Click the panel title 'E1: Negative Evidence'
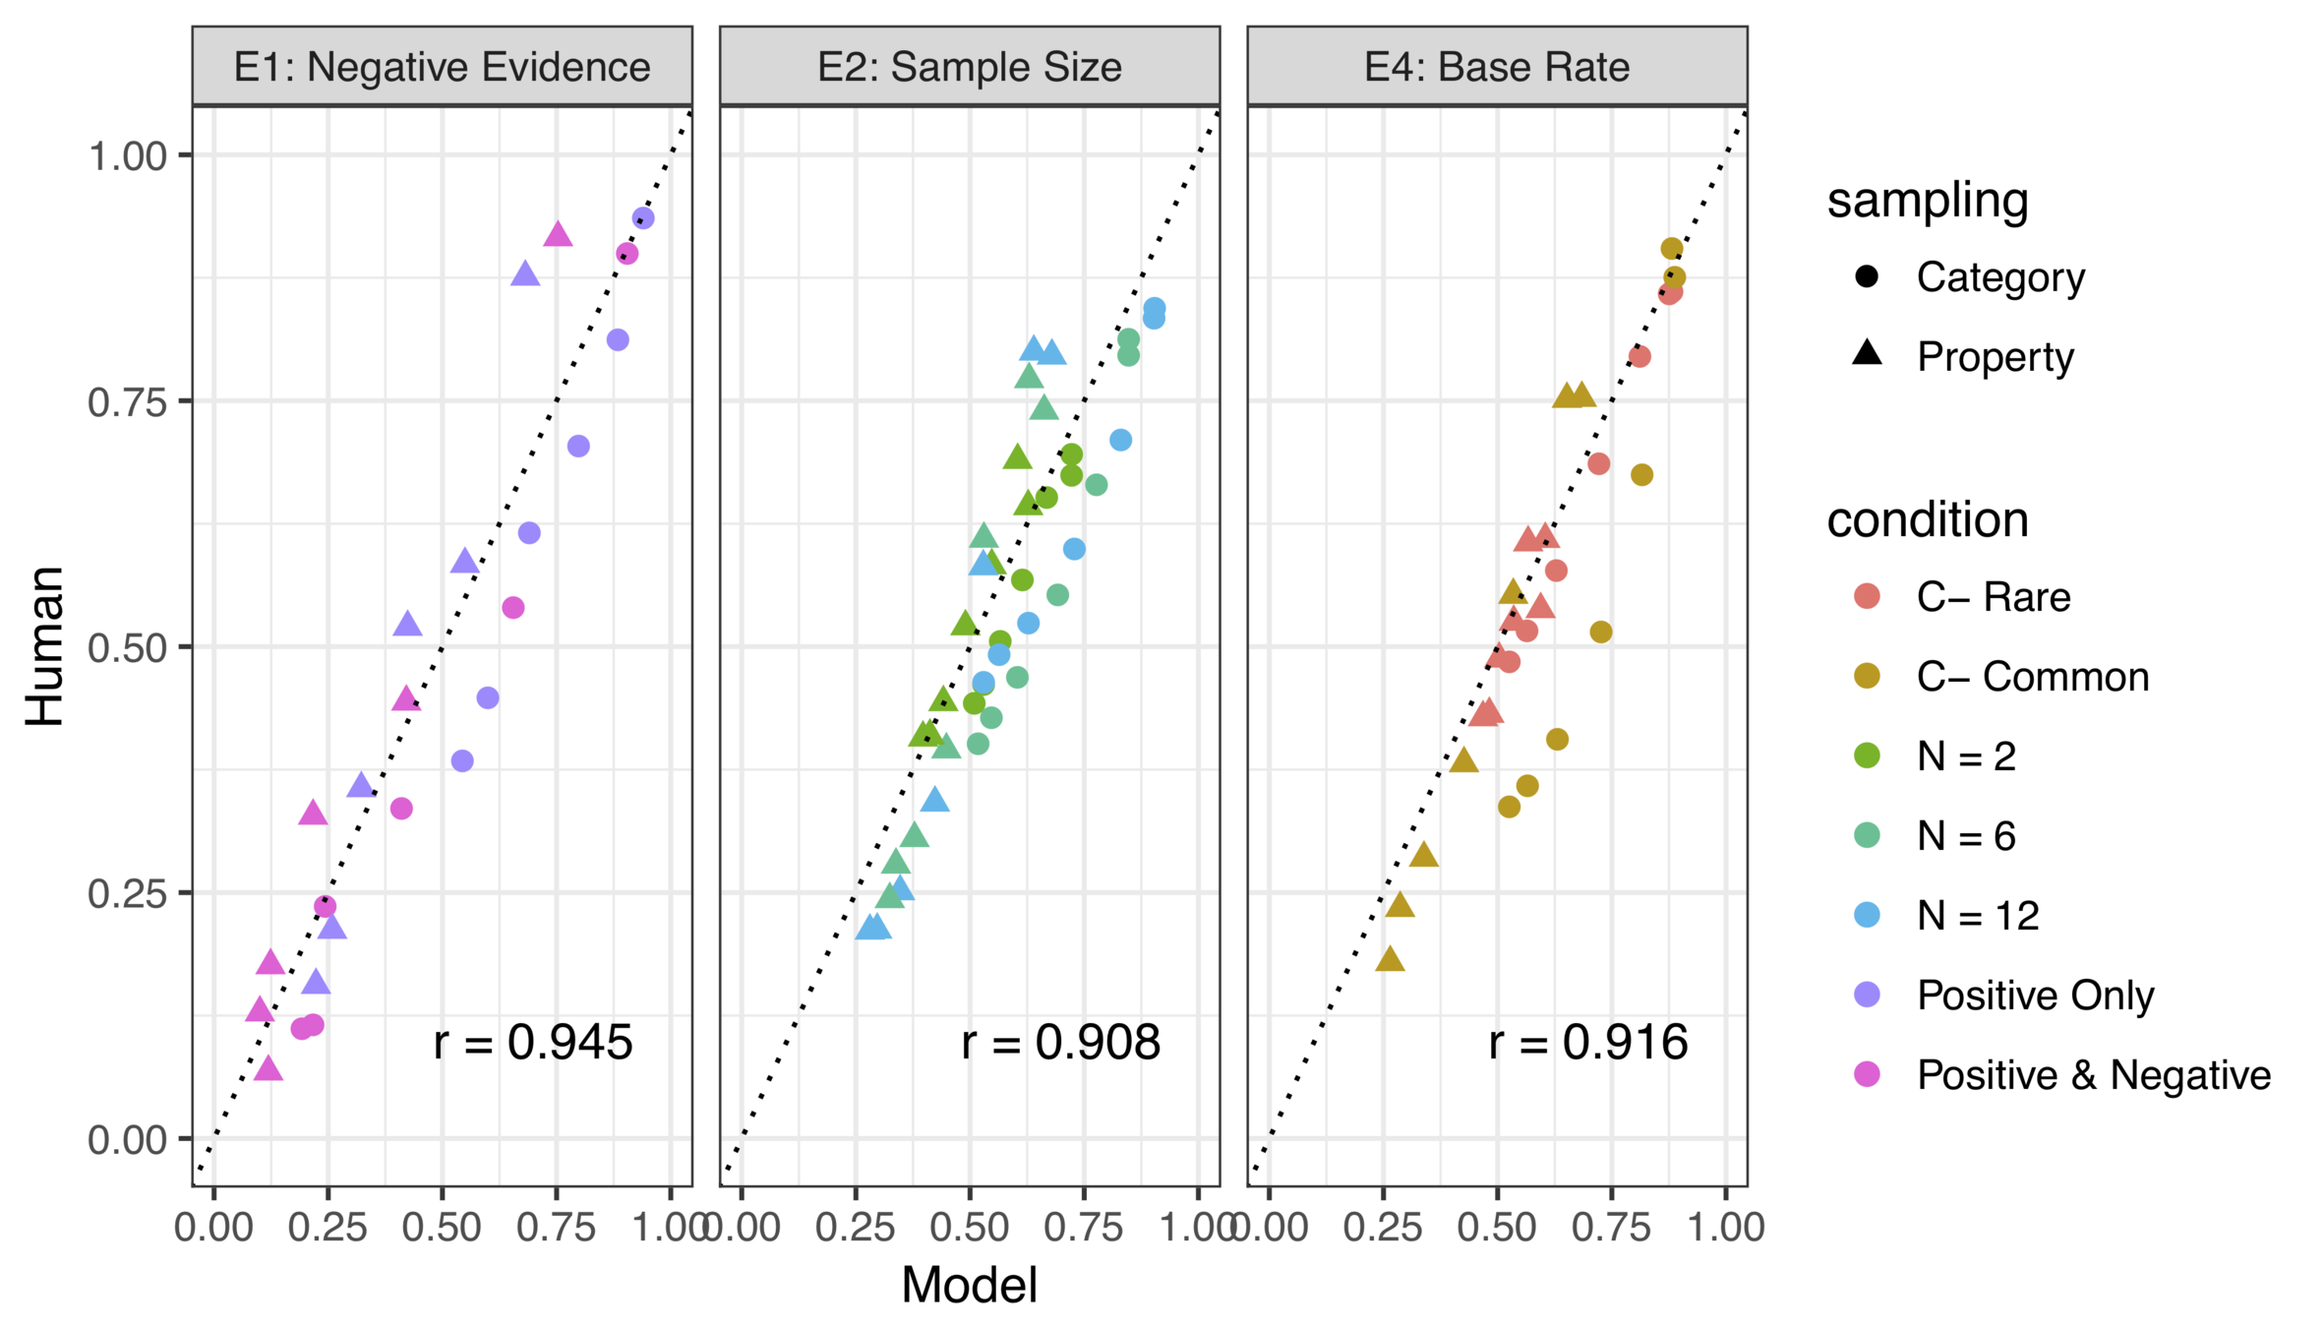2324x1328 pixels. point(442,67)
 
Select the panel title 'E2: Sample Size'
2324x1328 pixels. point(969,67)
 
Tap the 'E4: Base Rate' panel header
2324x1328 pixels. point(1496,67)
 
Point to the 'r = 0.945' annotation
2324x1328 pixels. point(533,1043)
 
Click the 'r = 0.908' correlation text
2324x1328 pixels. point(1060,1043)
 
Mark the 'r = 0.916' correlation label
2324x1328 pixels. point(1587,1043)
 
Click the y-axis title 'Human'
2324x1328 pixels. point(45,646)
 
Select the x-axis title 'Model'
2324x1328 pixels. point(969,1285)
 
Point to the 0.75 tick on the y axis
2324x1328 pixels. point(127,401)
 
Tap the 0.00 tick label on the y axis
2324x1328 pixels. point(127,1140)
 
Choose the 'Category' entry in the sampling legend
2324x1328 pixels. point(1999,277)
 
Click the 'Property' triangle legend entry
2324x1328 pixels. point(1995,356)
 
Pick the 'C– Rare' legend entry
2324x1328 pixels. point(1993,597)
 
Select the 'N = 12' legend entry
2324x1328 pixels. point(1977,916)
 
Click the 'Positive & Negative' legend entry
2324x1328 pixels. point(2093,1075)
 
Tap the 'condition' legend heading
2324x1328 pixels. point(1928,519)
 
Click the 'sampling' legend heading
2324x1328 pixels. point(1928,201)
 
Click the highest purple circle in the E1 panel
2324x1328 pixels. point(643,218)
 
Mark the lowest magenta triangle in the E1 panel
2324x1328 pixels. point(268,1069)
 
